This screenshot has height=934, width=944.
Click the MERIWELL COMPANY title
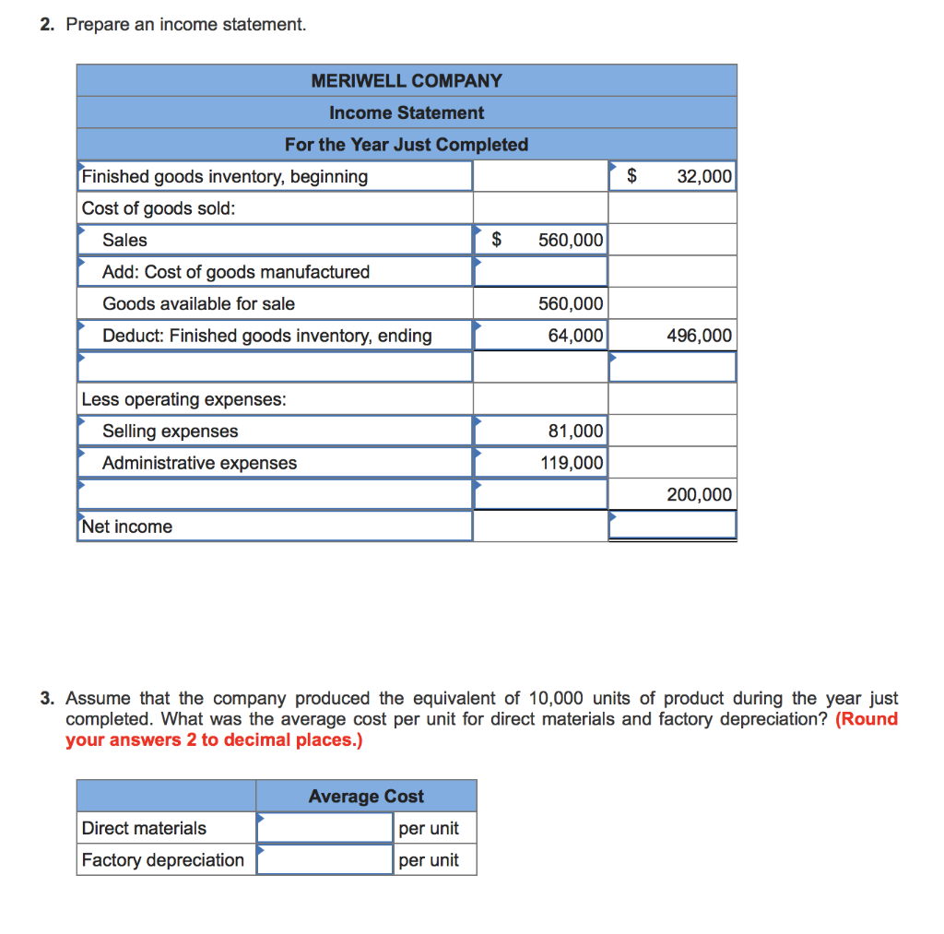coord(407,80)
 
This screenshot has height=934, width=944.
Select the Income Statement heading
coord(407,112)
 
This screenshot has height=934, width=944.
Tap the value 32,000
coord(704,176)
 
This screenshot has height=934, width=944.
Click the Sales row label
coord(124,240)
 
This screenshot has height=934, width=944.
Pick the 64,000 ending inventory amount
coord(576,336)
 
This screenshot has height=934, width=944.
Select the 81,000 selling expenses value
coord(576,432)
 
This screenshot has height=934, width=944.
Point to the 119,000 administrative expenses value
coord(572,463)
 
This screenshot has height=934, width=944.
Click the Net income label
coord(127,526)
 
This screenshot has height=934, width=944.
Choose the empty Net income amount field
coord(672,526)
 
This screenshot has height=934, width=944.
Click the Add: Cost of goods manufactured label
coord(236,272)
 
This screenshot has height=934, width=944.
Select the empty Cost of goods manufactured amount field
coord(540,272)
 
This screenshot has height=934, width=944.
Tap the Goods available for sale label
coord(199,303)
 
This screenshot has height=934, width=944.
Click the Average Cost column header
coord(366,796)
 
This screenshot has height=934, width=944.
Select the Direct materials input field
coord(324,828)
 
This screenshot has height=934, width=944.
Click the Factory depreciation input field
coord(324,860)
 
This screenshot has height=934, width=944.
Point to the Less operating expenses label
coord(184,399)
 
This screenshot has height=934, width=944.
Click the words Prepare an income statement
coord(186,25)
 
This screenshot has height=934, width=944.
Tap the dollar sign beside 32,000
coord(632,176)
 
